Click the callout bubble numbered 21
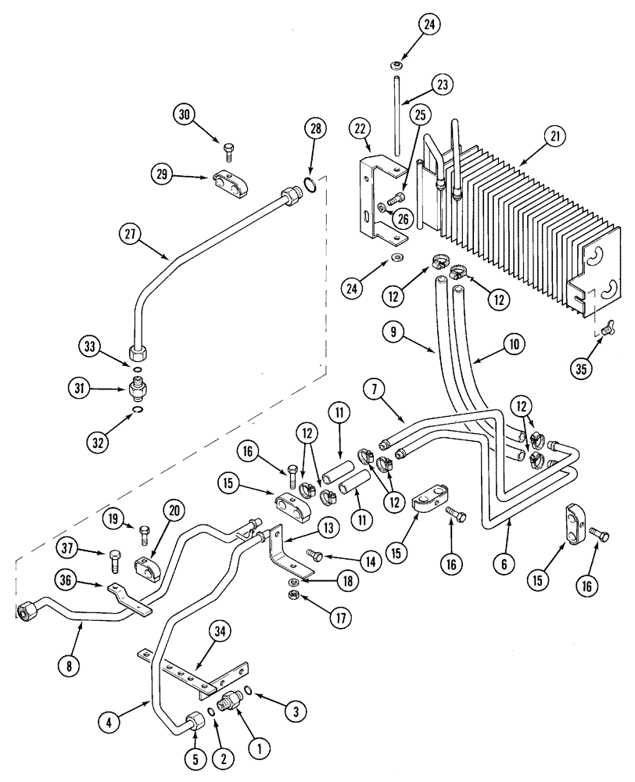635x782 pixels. click(554, 136)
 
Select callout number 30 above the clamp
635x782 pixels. click(185, 114)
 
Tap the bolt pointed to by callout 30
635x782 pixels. click(229, 146)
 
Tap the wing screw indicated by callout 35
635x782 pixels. click(607, 331)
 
